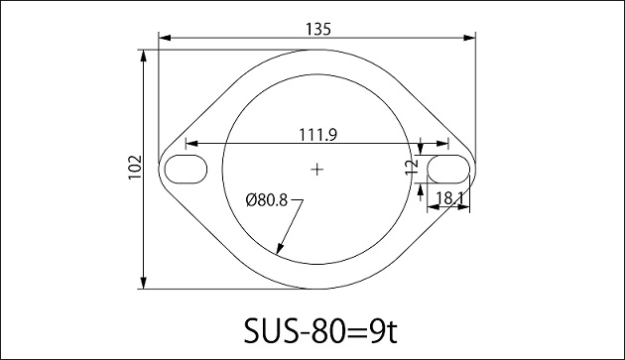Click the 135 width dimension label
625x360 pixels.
click(318, 29)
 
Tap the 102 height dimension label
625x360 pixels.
click(135, 167)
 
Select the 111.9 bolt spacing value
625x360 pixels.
click(318, 135)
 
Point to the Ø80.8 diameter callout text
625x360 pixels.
click(266, 199)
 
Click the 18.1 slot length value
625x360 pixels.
click(448, 198)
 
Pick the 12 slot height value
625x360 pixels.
click(412, 168)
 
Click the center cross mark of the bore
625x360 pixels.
click(316, 170)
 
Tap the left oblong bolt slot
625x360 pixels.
click(186, 169)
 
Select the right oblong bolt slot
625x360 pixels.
click(448, 169)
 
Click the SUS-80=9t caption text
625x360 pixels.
click(320, 330)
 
